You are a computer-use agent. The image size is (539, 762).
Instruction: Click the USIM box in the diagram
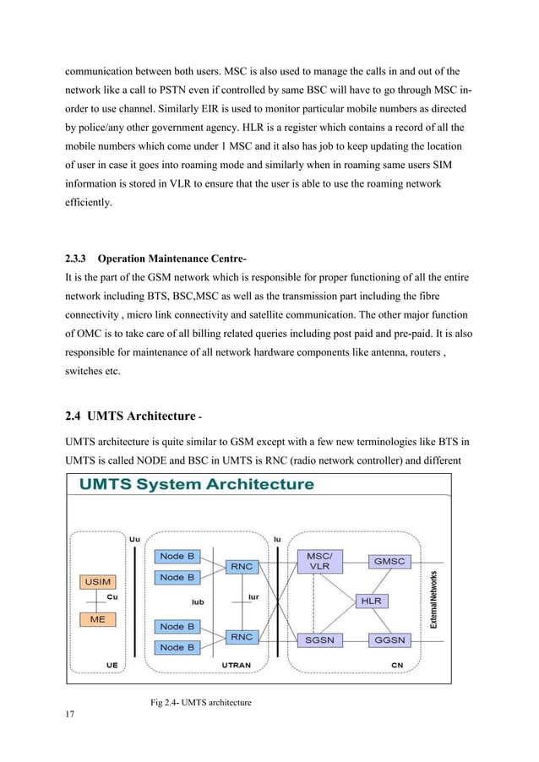pos(97,581)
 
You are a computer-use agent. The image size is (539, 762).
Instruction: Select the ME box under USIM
pos(97,618)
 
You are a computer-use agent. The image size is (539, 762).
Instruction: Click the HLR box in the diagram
pos(371,601)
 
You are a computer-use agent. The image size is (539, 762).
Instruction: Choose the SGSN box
pos(319,640)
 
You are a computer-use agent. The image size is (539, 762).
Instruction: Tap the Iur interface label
pos(252,596)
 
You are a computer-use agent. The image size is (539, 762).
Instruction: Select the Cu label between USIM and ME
pos(112,596)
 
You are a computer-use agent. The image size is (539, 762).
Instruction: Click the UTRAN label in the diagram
pos(235,665)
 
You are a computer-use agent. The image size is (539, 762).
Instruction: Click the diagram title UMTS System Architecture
pos(197,486)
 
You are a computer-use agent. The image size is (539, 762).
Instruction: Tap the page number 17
pos(71,716)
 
